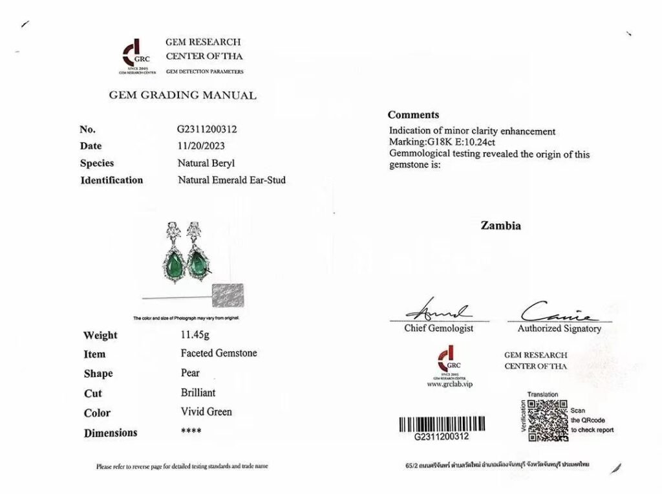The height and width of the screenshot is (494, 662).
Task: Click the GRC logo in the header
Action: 134,54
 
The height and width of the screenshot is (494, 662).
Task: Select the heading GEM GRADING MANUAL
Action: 182,96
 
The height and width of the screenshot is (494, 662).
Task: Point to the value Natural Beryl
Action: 202,163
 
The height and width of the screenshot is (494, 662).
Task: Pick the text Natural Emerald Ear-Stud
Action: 231,180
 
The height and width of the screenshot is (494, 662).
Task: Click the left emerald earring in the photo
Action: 172,253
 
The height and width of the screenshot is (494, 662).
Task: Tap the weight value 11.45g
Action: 195,335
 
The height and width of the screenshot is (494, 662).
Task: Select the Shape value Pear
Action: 190,373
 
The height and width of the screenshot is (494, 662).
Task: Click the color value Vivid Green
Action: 206,412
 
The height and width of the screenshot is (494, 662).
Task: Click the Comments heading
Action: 413,114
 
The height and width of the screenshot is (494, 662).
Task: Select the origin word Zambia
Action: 500,226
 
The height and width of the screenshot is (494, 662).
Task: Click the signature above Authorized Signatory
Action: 557,312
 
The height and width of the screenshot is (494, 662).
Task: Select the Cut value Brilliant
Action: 198,392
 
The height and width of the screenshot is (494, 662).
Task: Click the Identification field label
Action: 111,180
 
